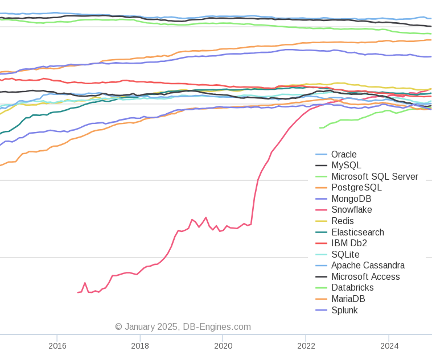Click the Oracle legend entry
coord(344,154)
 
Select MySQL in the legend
coord(346,165)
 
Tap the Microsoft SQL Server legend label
coord(375,176)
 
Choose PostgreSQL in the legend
coord(356,188)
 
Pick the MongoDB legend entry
coord(351,198)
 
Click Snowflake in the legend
coord(351,210)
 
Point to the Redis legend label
coord(342,221)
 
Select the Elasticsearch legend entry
coord(357,232)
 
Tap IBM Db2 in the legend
coord(349,243)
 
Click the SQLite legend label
coord(345,254)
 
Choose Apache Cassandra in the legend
coord(368,266)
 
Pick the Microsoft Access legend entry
coord(365,277)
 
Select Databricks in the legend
coord(352,288)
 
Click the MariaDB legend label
coord(348,299)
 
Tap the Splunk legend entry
coord(344,310)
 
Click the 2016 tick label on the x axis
coord(57,346)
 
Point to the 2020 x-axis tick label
coord(223,346)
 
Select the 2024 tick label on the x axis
coord(389,346)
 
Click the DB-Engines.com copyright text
coord(183,327)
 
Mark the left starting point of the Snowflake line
coord(78,292)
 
